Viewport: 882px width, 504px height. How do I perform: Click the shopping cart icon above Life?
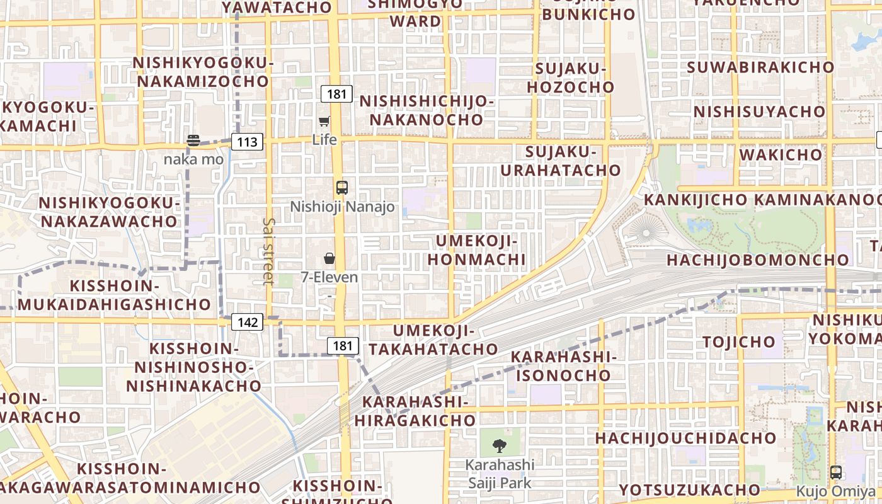(324, 121)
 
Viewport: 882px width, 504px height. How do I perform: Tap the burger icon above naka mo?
(193, 140)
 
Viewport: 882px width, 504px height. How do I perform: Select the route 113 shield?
(247, 142)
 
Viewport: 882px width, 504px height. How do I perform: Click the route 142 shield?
(247, 323)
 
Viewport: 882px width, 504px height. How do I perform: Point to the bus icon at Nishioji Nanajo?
(341, 187)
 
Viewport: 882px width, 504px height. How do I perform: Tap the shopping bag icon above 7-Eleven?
(329, 258)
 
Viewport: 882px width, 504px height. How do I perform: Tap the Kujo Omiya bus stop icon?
(836, 472)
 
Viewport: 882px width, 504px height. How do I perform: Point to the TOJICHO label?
(739, 342)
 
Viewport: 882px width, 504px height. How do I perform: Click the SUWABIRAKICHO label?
(760, 67)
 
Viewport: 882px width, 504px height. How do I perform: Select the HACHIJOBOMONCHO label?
(757, 260)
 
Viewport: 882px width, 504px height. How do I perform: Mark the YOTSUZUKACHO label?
(689, 490)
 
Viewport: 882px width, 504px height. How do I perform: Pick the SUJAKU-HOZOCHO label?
(570, 77)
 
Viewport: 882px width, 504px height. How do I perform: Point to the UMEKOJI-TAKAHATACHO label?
(433, 340)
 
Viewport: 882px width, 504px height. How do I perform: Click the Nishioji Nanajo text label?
(342, 207)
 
